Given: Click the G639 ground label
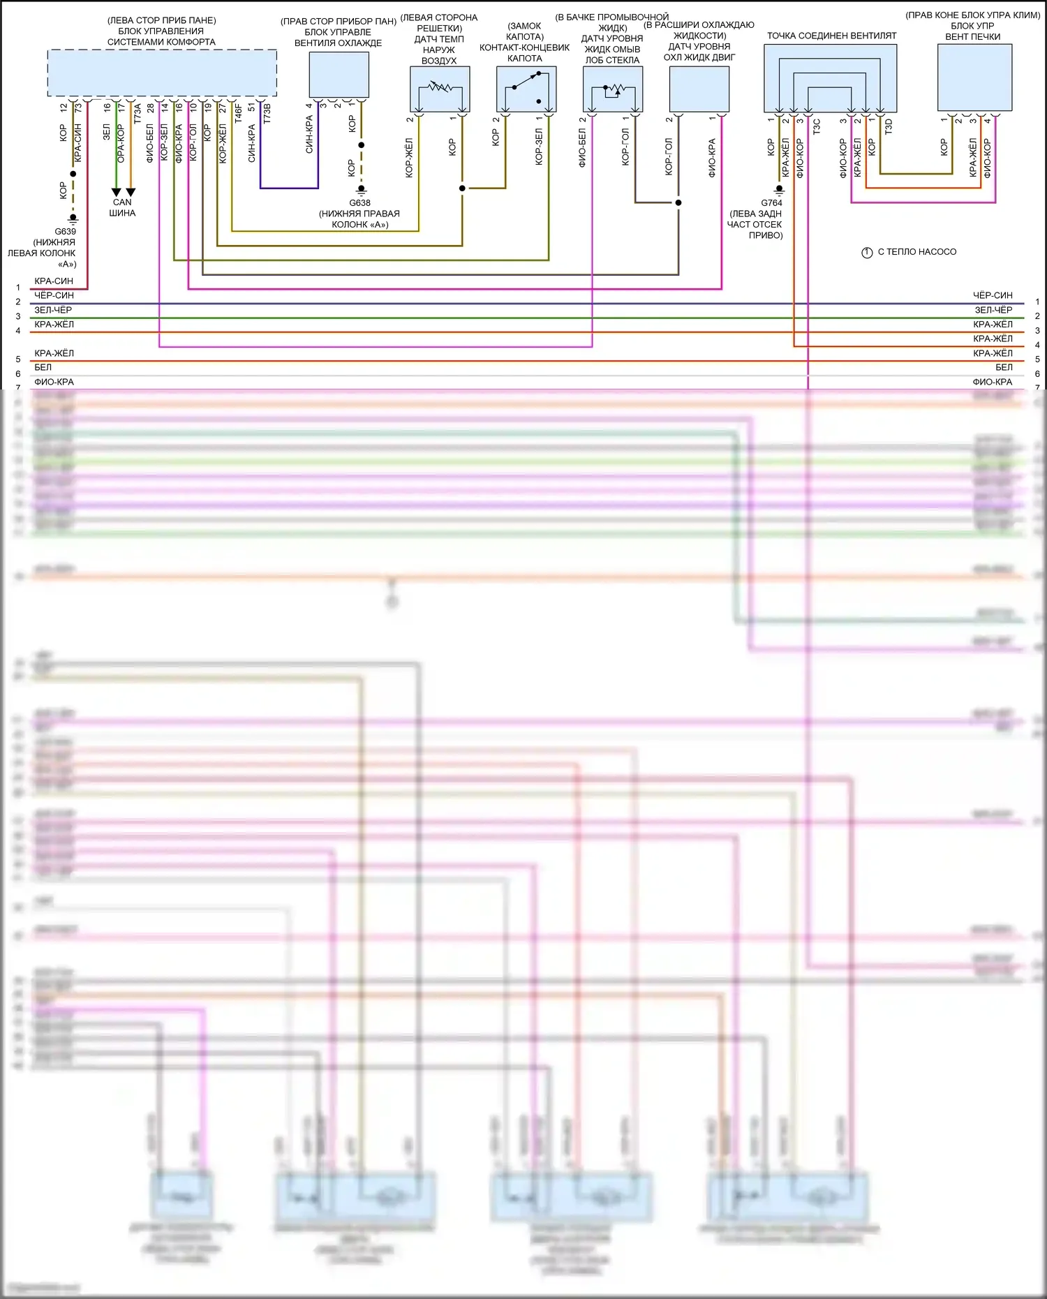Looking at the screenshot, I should tap(66, 231).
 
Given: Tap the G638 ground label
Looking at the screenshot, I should tap(360, 203).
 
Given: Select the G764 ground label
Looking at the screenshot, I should tap(771, 203).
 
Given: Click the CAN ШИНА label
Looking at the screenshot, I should tap(122, 207).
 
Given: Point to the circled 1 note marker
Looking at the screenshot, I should tap(867, 252).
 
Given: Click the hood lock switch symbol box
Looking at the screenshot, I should tap(526, 89).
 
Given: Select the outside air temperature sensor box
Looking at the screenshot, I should tap(440, 89).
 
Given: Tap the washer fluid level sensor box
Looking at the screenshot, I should tap(612, 89).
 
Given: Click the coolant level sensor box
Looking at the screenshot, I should tap(699, 89).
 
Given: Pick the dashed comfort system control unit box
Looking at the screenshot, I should tap(162, 73).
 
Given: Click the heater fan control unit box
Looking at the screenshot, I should tap(974, 77).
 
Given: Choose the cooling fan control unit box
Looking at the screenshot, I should tap(339, 75).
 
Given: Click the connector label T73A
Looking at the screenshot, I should tap(138, 114).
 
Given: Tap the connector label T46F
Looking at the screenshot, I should tap(238, 114).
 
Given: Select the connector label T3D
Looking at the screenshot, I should tap(889, 126).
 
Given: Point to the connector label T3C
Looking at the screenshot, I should tap(817, 126).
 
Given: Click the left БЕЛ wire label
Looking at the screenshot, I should tap(43, 367).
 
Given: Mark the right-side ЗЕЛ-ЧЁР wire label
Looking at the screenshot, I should tap(993, 310).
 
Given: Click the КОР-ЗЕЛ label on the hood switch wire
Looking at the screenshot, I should tap(539, 147).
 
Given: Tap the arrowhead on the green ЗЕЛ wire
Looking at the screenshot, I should tap(117, 192).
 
